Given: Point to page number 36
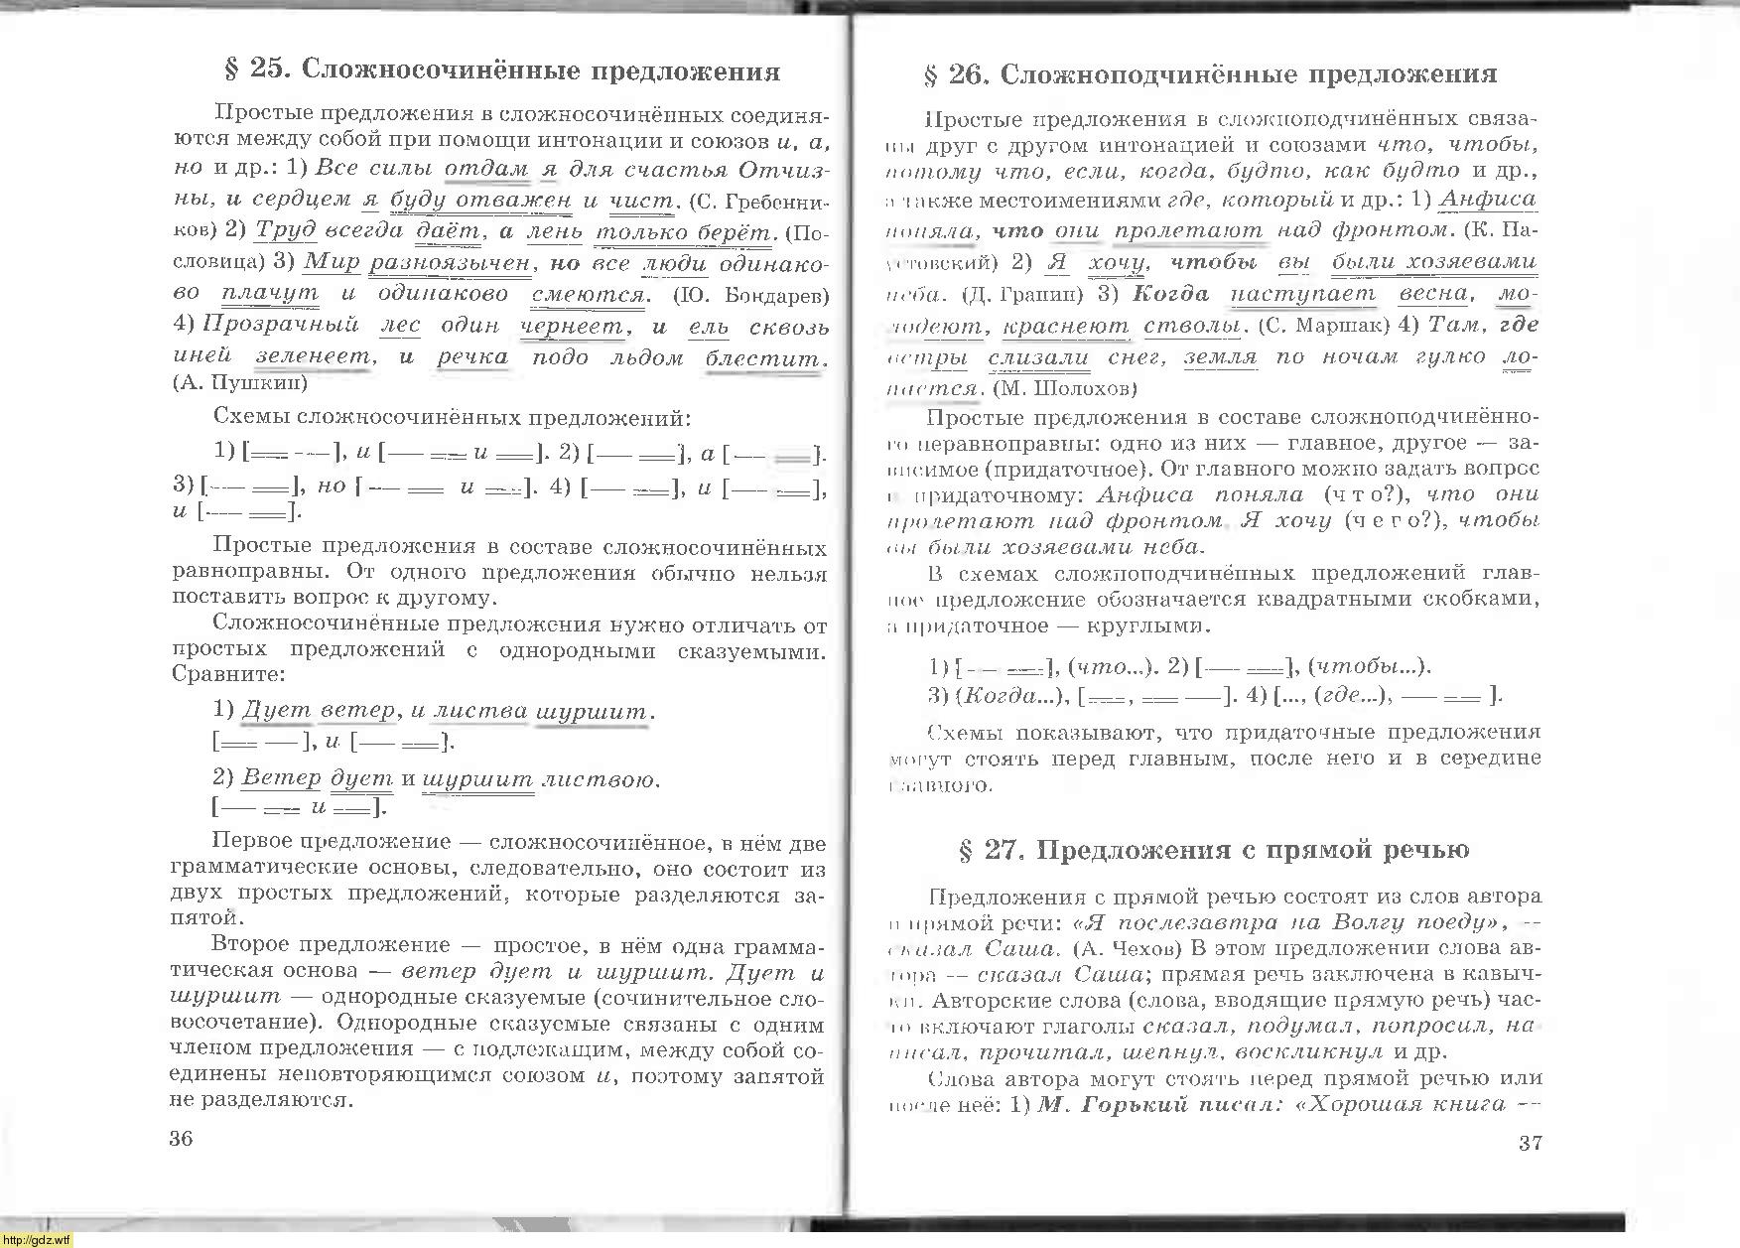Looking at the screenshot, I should click(x=182, y=1139).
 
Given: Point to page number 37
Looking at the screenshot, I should click(x=1531, y=1142).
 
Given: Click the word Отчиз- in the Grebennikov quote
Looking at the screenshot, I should click(x=784, y=170).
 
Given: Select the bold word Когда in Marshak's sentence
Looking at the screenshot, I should click(x=1171, y=294).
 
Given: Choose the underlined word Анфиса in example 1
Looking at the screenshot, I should click(x=1489, y=200).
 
